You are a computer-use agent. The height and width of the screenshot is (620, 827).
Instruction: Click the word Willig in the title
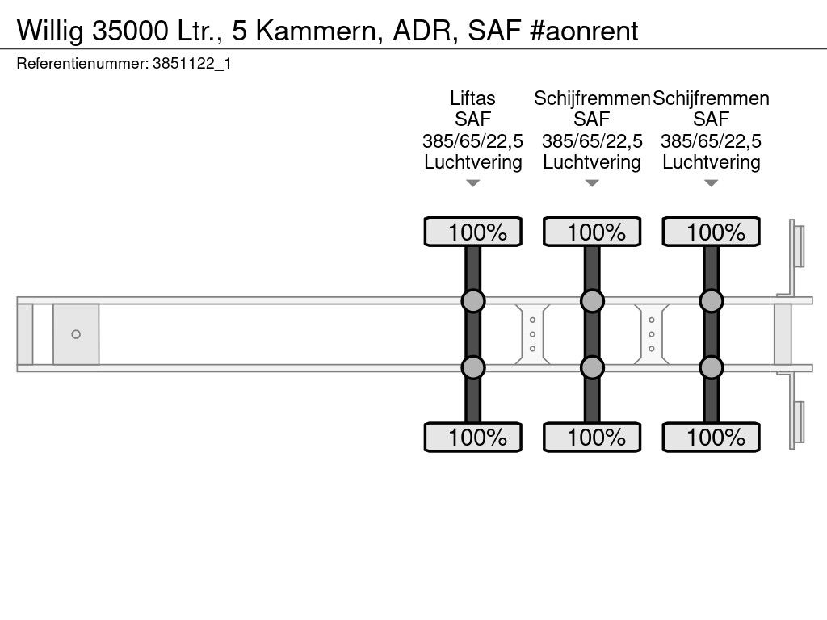[x=50, y=31]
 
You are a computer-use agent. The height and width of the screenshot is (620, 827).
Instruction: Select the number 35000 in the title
[x=130, y=31]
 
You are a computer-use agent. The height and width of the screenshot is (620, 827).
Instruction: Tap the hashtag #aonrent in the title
[x=584, y=31]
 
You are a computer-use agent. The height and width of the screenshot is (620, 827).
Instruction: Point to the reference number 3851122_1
[x=192, y=64]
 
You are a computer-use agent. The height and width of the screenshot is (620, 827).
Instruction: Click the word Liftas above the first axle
[x=472, y=98]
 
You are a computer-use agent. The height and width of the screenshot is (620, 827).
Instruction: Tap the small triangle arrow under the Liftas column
[x=473, y=183]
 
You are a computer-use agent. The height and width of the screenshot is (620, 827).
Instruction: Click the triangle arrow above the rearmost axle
[x=711, y=183]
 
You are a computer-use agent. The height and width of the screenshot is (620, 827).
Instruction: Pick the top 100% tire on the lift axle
[x=473, y=232]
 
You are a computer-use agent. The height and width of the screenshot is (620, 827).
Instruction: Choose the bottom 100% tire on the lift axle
[x=473, y=437]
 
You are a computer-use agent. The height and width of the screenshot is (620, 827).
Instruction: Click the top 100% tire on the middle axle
[x=592, y=232]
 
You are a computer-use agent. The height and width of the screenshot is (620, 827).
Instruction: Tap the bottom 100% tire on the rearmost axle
[x=711, y=437]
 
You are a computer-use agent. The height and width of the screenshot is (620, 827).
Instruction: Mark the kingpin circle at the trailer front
[x=76, y=334]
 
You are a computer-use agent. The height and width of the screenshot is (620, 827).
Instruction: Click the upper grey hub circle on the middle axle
[x=592, y=301]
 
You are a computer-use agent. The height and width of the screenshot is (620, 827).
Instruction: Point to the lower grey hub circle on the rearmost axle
[x=711, y=367]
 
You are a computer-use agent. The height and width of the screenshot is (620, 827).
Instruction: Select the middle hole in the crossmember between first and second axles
[x=533, y=334]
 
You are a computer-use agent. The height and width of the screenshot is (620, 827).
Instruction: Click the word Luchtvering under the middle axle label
[x=592, y=161]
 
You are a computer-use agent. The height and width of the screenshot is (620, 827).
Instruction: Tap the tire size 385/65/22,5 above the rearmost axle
[x=711, y=140]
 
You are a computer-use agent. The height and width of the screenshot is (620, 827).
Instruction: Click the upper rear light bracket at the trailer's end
[x=796, y=246]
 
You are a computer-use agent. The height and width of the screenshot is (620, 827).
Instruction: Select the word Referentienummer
[x=82, y=64]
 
